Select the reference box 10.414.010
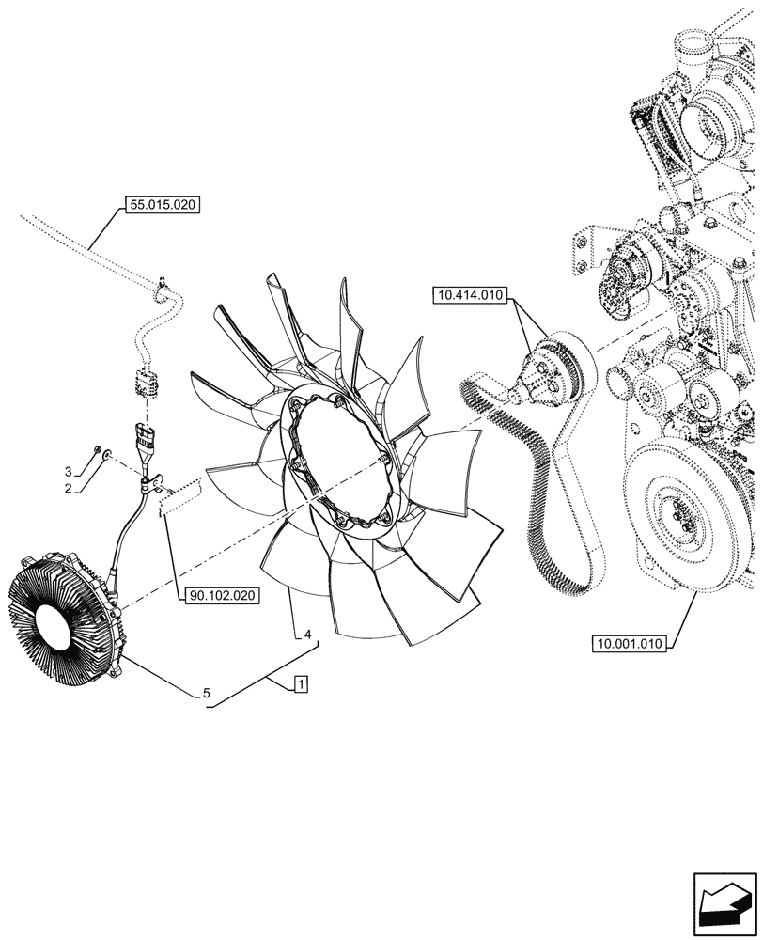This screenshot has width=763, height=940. point(470,296)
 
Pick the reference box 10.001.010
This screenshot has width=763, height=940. point(629,644)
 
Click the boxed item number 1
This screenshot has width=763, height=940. point(298,684)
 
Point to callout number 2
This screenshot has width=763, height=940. point(68,489)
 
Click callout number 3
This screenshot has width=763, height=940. point(68,470)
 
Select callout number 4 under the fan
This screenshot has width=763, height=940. point(307,634)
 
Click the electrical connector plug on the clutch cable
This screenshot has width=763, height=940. point(148,440)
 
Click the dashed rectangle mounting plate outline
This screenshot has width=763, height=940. point(180,499)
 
